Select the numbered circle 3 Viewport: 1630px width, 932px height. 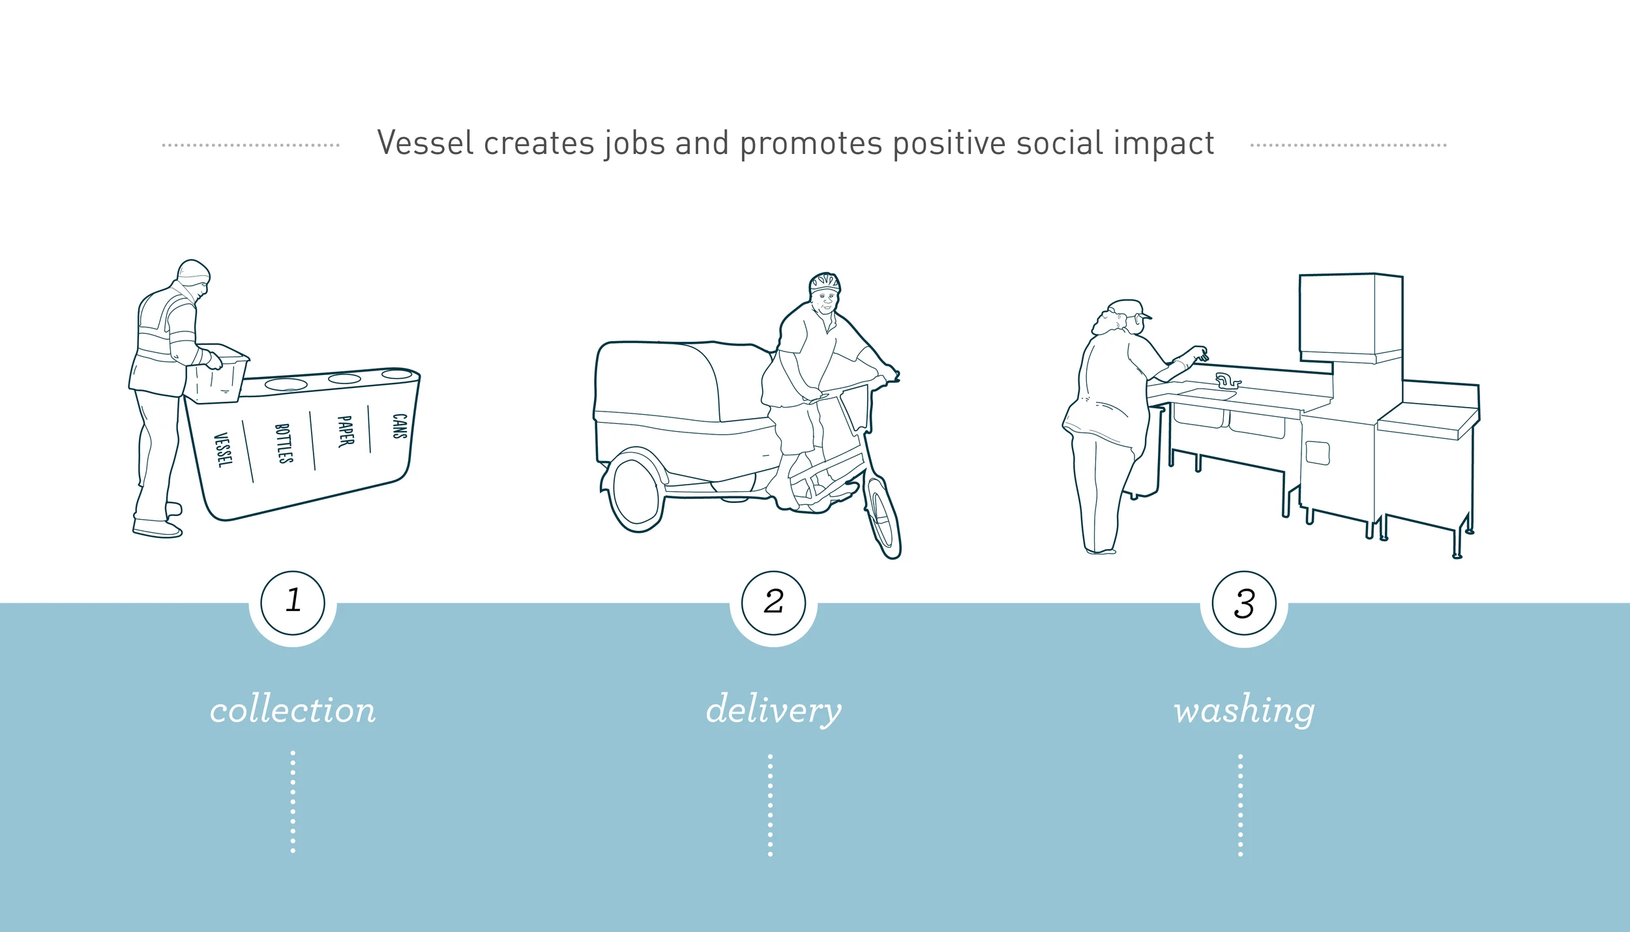pos(1244,603)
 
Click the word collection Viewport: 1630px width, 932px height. pos(293,710)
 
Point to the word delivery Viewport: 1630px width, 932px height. pos(773,710)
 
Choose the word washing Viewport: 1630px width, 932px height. pos(1244,710)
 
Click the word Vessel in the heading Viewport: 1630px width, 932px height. pos(425,143)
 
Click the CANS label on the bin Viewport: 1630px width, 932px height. pos(399,426)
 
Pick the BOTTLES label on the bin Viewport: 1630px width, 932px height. pos(284,443)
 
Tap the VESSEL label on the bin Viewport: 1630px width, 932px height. pos(223,450)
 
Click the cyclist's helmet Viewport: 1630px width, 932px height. pos(825,282)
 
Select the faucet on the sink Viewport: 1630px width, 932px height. pos(1226,381)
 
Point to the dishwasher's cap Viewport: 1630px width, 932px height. pos(1129,307)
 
